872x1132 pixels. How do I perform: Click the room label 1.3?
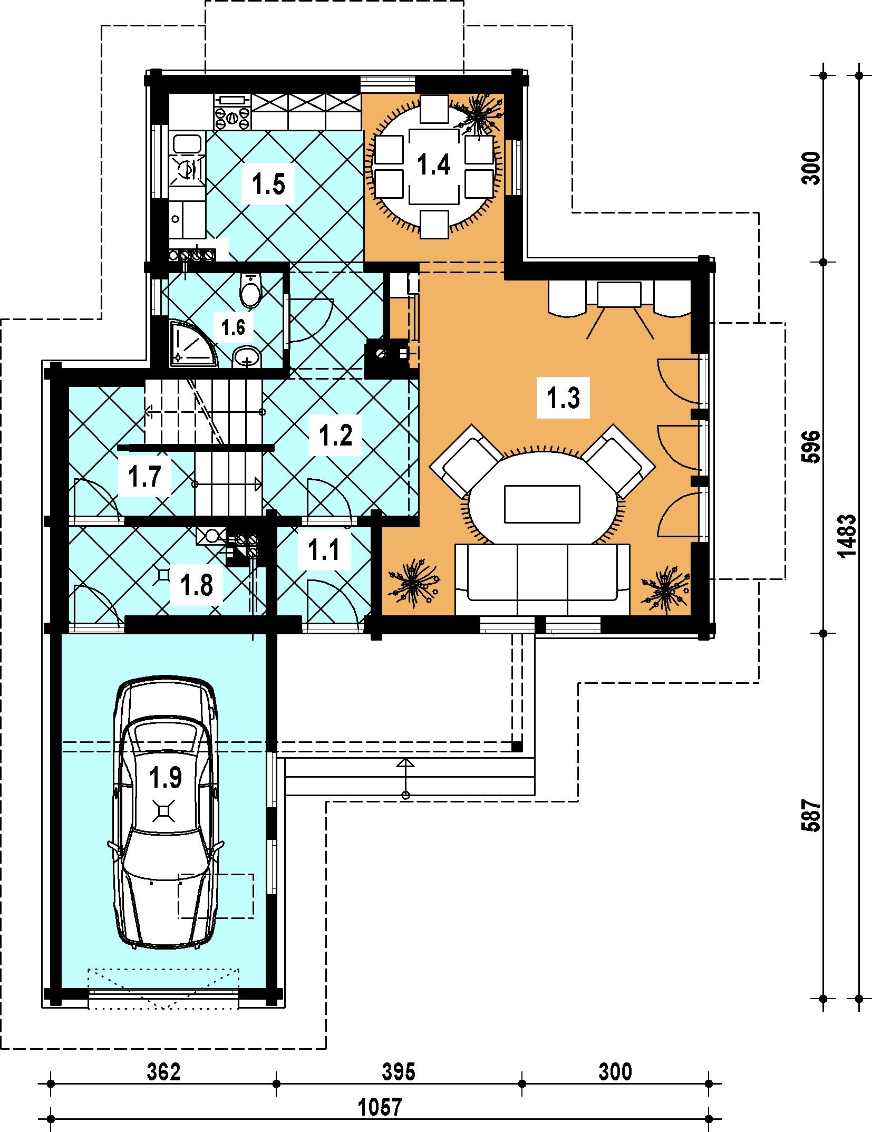click(x=564, y=398)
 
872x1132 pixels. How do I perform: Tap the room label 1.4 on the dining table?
click(x=434, y=165)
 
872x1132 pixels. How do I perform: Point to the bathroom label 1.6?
click(x=233, y=327)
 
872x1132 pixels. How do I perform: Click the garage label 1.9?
click(x=165, y=777)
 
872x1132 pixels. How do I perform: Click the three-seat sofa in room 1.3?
click(x=542, y=579)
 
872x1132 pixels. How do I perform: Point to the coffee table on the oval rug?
click(x=542, y=504)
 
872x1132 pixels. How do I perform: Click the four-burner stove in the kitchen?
click(x=232, y=118)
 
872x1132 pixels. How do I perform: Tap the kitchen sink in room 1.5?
click(x=187, y=160)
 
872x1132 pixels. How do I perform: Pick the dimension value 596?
click(x=812, y=447)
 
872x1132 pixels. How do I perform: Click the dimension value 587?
click(x=812, y=816)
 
